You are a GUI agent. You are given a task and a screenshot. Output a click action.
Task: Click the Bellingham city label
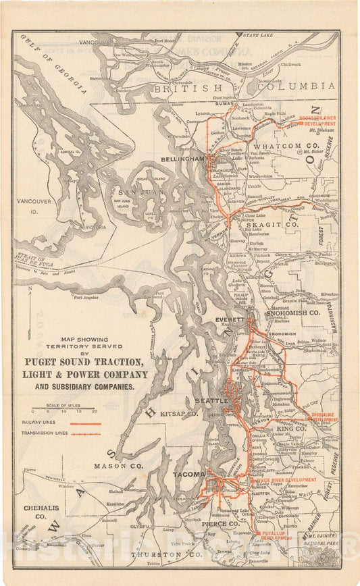(182, 158)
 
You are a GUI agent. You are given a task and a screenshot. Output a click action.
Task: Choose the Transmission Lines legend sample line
(85, 433)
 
